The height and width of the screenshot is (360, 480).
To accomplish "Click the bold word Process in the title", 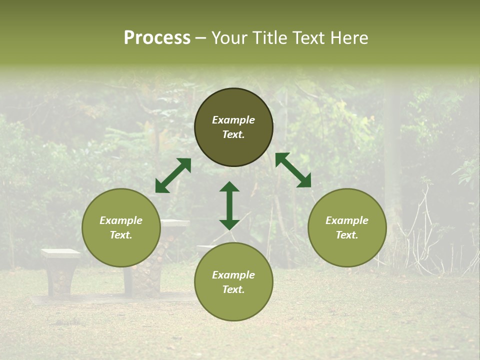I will point(157,38).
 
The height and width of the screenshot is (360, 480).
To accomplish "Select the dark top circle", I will point(233,127).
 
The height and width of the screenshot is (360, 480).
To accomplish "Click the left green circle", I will point(121,227).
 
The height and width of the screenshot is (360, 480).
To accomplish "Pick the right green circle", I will point(347,227).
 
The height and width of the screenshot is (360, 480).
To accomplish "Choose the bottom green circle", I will point(233,281).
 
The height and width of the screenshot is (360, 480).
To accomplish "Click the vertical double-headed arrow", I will point(229,205).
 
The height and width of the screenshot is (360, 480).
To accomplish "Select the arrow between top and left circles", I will point(173,175).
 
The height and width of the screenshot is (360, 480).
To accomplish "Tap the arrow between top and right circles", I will point(293,170).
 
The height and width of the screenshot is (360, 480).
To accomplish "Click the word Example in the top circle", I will point(233,120).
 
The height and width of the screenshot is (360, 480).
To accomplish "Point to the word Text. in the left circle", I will point(121,235).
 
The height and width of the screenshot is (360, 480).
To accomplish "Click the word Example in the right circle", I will point(347,220).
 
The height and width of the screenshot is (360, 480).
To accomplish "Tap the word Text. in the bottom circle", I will point(233,289).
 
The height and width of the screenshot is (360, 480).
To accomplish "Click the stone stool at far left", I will point(60,272).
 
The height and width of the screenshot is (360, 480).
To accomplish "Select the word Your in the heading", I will point(228,38).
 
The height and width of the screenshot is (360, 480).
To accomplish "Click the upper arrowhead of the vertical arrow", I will point(229,186).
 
